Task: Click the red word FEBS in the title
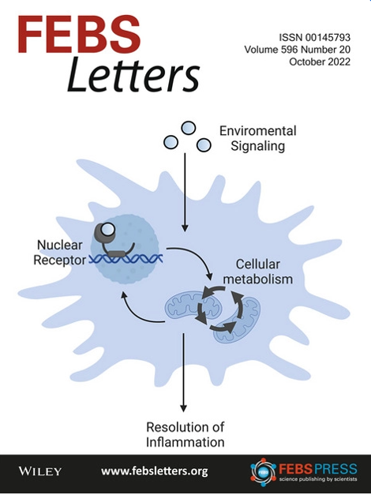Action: coord(79,35)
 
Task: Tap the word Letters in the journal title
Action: coord(133,74)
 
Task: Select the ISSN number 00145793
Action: coord(328,38)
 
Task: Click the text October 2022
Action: coord(320,62)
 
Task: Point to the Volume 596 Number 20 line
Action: coord(297,50)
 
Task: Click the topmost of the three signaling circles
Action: coord(188,129)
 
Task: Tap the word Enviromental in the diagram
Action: coord(258,131)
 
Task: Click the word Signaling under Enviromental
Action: coord(257,146)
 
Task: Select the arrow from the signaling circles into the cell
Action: coord(185,193)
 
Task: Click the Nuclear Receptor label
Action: coord(60,253)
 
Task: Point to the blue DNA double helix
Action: coord(126,259)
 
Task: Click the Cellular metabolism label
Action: coord(257,272)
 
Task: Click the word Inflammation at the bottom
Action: coord(185,442)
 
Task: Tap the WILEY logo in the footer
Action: coord(40,471)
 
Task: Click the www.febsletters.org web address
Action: coord(155,471)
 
